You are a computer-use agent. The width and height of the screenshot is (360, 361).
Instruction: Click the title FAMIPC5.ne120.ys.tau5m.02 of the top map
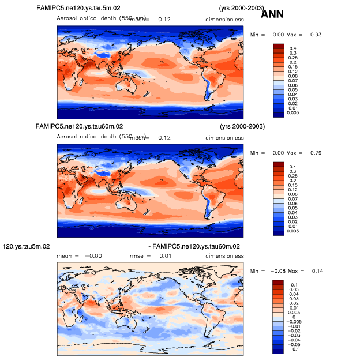coord(91,9)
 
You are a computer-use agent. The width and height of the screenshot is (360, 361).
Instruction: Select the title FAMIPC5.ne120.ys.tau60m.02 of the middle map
coord(79,126)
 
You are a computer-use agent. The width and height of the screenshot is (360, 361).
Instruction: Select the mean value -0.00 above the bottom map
coord(93,255)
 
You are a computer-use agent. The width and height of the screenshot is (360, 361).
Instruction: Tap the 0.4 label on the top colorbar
coord(293,48)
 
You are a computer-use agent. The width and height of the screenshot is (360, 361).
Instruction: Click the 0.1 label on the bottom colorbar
coord(293,284)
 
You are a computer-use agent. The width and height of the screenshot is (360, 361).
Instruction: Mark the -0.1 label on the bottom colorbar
coord(295,349)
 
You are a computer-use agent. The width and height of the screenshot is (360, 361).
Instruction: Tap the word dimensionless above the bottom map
coord(224,255)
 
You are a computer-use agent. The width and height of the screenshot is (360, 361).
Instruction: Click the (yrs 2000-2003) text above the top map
coord(242,9)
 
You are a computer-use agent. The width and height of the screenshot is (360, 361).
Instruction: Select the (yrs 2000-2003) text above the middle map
coord(242,126)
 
